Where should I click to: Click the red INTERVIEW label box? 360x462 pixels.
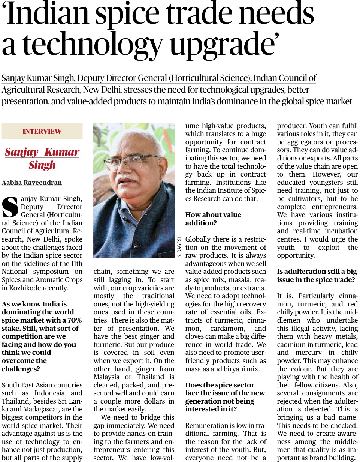(x=42, y=132)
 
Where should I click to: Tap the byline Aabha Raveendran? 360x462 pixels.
(x=32, y=183)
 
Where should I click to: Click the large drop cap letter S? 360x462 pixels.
(x=10, y=207)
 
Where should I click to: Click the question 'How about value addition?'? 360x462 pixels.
(x=213, y=219)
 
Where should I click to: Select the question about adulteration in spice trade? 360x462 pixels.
(x=317, y=275)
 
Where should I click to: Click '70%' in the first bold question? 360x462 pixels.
(x=74, y=320)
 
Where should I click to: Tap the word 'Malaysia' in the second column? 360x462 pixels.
(x=107, y=377)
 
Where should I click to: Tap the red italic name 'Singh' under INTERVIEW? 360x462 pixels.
(x=42, y=165)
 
